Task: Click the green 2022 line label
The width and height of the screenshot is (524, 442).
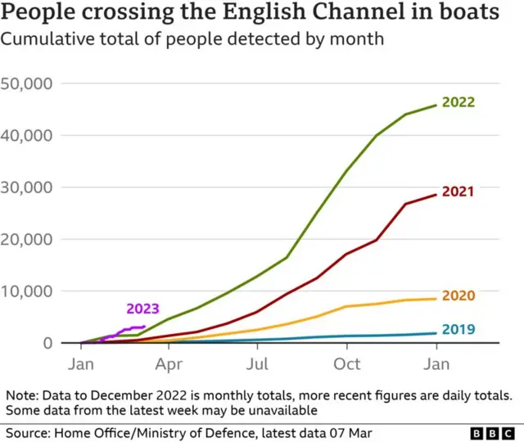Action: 458,102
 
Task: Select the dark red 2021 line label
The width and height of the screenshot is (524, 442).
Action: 458,192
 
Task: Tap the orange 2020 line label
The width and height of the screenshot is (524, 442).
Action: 458,295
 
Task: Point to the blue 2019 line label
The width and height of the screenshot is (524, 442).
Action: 458,329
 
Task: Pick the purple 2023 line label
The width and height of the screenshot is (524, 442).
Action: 142,309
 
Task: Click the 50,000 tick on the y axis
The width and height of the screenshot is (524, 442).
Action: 28,83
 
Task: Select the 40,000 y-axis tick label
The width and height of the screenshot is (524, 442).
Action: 28,135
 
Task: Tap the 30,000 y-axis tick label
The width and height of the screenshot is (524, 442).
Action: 28,187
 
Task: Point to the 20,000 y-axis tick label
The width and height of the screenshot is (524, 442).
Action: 28,239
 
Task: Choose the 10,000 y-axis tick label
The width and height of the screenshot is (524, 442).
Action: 28,291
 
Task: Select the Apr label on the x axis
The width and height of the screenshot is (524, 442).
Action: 169,363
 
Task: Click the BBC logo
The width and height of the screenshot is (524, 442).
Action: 494,431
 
